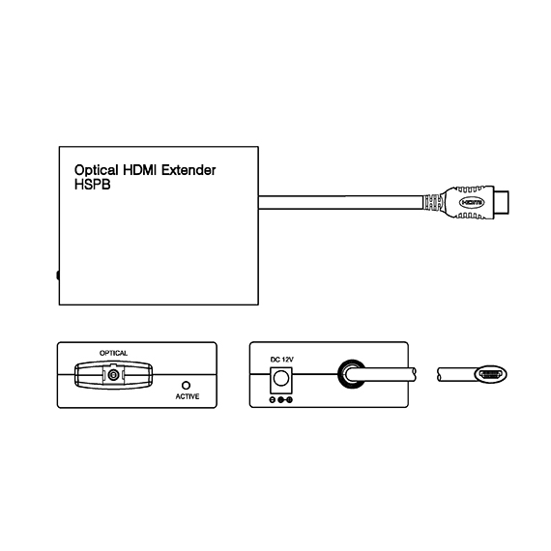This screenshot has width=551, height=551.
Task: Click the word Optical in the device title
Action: click(x=97, y=170)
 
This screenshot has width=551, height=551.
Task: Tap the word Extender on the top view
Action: click(x=188, y=170)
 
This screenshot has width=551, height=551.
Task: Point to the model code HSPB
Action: click(x=93, y=185)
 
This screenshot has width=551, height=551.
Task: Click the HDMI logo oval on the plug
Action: click(x=472, y=202)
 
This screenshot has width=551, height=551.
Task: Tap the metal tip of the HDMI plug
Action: click(x=501, y=202)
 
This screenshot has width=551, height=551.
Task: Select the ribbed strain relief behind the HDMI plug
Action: click(x=431, y=202)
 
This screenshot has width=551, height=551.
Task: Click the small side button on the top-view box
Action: click(x=58, y=275)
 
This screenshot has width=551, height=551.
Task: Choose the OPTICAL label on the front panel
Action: click(x=113, y=353)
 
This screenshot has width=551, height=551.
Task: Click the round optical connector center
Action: click(x=113, y=375)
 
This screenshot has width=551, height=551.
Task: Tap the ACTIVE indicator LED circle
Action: click(x=186, y=386)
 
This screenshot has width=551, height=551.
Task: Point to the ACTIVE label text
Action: click(x=188, y=396)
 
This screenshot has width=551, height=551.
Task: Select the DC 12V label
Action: click(x=282, y=360)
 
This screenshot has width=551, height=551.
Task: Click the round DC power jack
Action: click(x=280, y=379)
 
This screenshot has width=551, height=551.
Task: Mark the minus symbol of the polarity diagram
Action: click(x=273, y=400)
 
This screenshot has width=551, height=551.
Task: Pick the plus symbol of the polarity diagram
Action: click(x=289, y=400)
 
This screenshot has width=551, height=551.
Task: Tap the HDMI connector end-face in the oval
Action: click(x=490, y=374)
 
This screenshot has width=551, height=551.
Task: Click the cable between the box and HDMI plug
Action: click(x=341, y=202)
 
